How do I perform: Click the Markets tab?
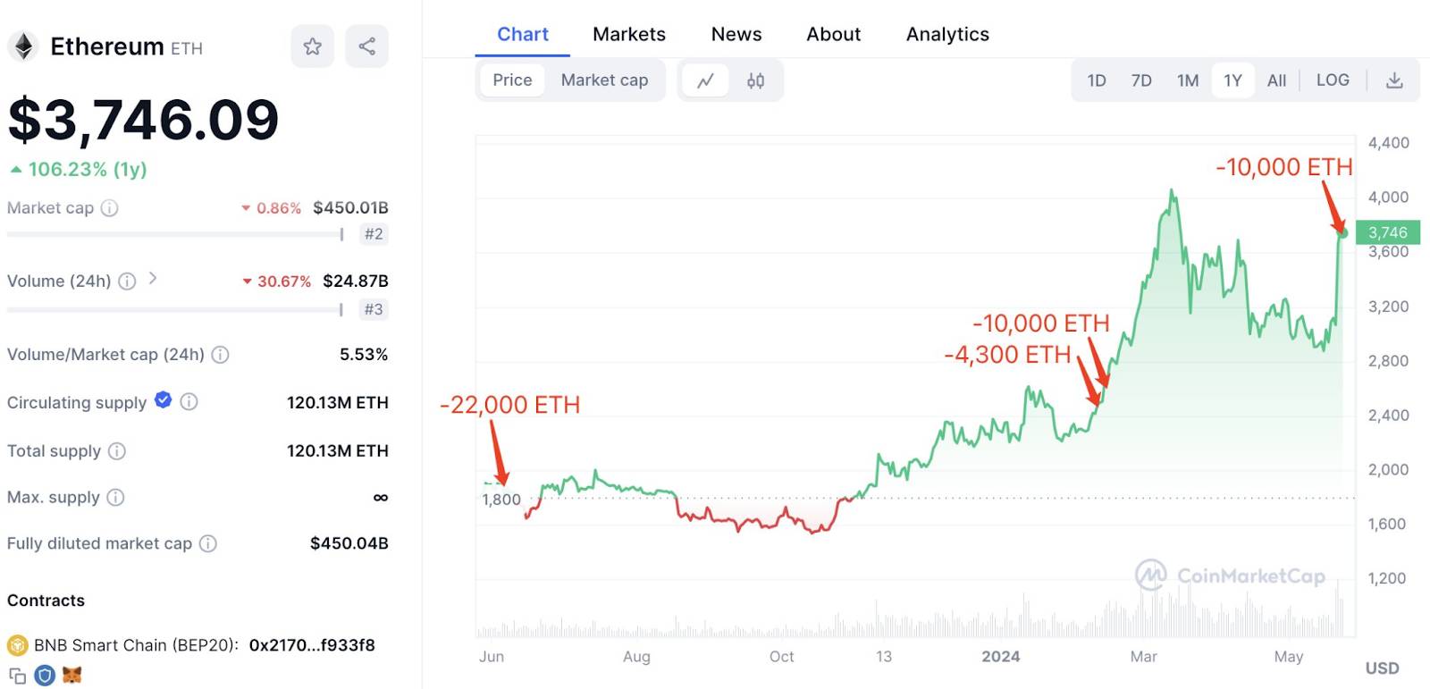click(x=629, y=34)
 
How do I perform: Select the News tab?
click(x=736, y=34)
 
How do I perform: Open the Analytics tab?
click(x=947, y=34)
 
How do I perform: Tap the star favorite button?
click(x=312, y=46)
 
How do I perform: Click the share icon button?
click(x=366, y=46)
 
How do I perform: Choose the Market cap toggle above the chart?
click(x=604, y=80)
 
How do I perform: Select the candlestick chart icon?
click(x=756, y=80)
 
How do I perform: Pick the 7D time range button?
click(x=1140, y=80)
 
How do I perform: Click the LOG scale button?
click(x=1333, y=80)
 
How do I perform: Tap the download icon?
click(x=1394, y=80)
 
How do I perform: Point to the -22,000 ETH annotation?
click(x=509, y=404)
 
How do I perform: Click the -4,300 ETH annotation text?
click(x=1007, y=355)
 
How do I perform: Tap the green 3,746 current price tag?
click(x=1388, y=231)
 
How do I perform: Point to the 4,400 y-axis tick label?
click(x=1389, y=142)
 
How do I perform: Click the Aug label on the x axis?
click(x=636, y=657)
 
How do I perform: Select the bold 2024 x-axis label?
click(x=1000, y=657)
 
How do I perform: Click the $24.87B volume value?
click(x=356, y=281)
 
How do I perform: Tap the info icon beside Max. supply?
click(x=115, y=498)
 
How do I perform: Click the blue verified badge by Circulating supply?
click(x=164, y=399)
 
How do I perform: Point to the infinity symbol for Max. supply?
click(x=381, y=498)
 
